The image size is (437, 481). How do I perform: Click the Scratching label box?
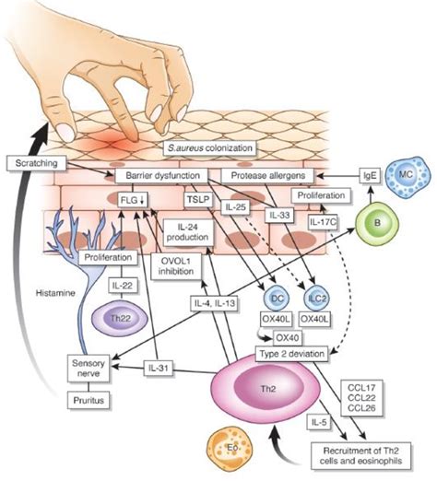[36, 163]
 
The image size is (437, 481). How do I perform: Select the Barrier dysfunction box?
[162, 176]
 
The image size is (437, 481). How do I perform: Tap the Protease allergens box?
[267, 176]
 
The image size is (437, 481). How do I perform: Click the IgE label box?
[370, 176]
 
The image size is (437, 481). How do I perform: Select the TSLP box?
[198, 200]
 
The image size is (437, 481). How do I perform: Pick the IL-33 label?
[279, 215]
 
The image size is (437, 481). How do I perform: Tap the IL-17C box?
[323, 221]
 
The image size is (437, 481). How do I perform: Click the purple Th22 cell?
[120, 319]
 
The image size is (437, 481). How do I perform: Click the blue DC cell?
[277, 299]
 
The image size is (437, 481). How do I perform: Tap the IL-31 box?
[159, 368]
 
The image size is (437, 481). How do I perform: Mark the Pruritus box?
[89, 400]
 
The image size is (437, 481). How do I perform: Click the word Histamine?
[55, 293]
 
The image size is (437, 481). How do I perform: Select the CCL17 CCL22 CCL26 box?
[361, 398]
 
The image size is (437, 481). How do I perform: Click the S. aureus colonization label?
[210, 148]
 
